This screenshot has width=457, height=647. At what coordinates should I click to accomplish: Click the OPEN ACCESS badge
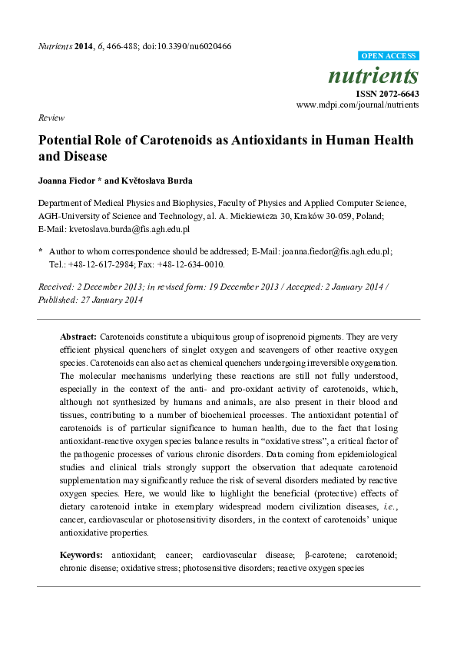(x=389, y=56)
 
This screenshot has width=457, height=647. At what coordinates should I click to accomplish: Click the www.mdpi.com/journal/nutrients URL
(x=357, y=105)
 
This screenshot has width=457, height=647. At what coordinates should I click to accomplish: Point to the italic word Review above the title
(x=51, y=118)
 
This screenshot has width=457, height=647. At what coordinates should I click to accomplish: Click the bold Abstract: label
(x=78, y=337)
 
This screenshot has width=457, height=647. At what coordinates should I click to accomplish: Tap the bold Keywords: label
(x=81, y=555)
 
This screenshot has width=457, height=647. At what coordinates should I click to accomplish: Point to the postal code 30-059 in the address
(x=370, y=217)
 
